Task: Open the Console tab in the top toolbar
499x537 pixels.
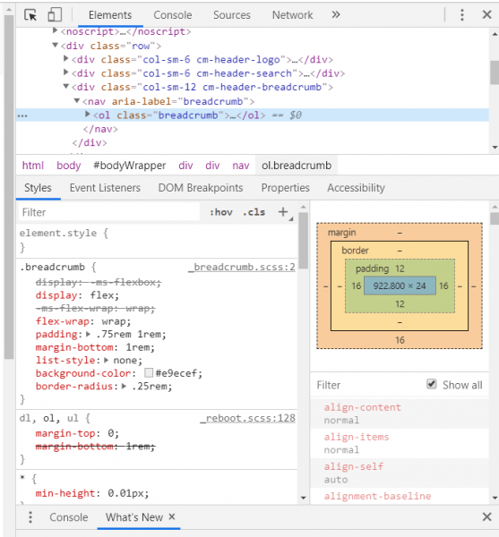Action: pos(172,15)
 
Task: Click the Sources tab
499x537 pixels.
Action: pos(232,15)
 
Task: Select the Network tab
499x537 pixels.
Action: pos(292,15)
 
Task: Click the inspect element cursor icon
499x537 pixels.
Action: pos(30,15)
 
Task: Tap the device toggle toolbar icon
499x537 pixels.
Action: pos(55,14)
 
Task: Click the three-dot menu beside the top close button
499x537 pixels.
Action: pos(462,14)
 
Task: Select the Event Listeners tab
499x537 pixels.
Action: pos(105,188)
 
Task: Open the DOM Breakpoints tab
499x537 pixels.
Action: pos(201,188)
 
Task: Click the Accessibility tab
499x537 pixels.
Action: pos(356,188)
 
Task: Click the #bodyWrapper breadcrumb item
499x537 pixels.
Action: pos(130,166)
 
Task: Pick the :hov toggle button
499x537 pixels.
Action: pos(221,212)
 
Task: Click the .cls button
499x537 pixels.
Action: pos(254,212)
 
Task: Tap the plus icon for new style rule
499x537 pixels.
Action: pos(283,212)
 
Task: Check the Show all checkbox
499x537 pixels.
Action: pos(432,384)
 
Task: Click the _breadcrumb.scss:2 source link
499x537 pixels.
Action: pos(242,267)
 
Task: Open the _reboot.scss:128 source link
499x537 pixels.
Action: pos(247,418)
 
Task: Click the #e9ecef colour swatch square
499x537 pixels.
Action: pos(149,372)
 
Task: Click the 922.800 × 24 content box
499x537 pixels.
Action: pos(400,286)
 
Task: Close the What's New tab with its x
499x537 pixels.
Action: pos(172,516)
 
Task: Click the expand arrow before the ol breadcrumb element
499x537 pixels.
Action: pos(88,115)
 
